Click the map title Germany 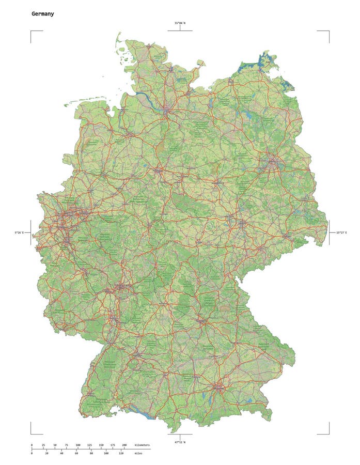(42, 14)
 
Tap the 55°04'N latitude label (180, 23)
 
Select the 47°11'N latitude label (180, 442)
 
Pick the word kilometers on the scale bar (142, 445)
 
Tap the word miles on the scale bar (138, 454)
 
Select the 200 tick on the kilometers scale (124, 445)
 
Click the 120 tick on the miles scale (121, 454)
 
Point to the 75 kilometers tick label (66, 445)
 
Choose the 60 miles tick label (76, 454)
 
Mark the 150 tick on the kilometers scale (101, 445)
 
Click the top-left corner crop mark (32, 32)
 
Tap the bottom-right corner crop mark (328, 433)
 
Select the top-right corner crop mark (328, 32)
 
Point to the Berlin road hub (272, 163)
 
